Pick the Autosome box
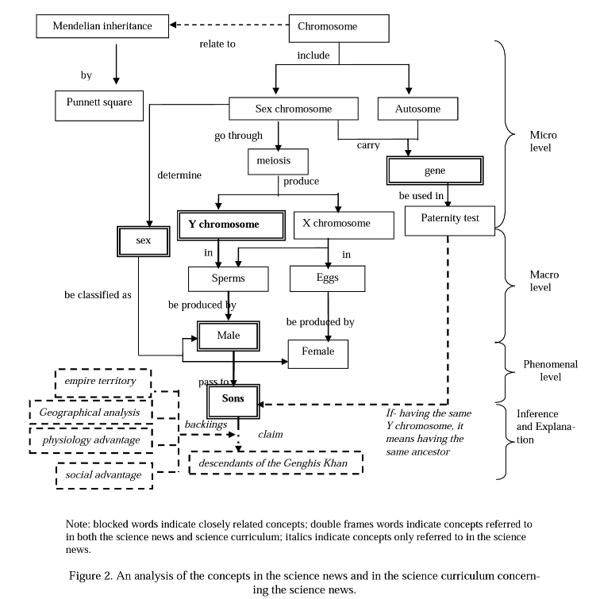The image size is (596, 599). (x=417, y=109)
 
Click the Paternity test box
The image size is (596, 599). (x=450, y=219)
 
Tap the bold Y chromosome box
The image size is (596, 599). (x=229, y=225)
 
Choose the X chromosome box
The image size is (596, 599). (x=343, y=225)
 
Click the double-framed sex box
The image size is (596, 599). (x=144, y=240)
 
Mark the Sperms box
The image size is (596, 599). (x=229, y=278)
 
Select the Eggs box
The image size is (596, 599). (x=327, y=278)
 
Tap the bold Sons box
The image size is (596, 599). (x=233, y=398)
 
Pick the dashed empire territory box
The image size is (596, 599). (x=101, y=382)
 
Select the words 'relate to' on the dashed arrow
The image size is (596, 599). (x=217, y=44)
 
